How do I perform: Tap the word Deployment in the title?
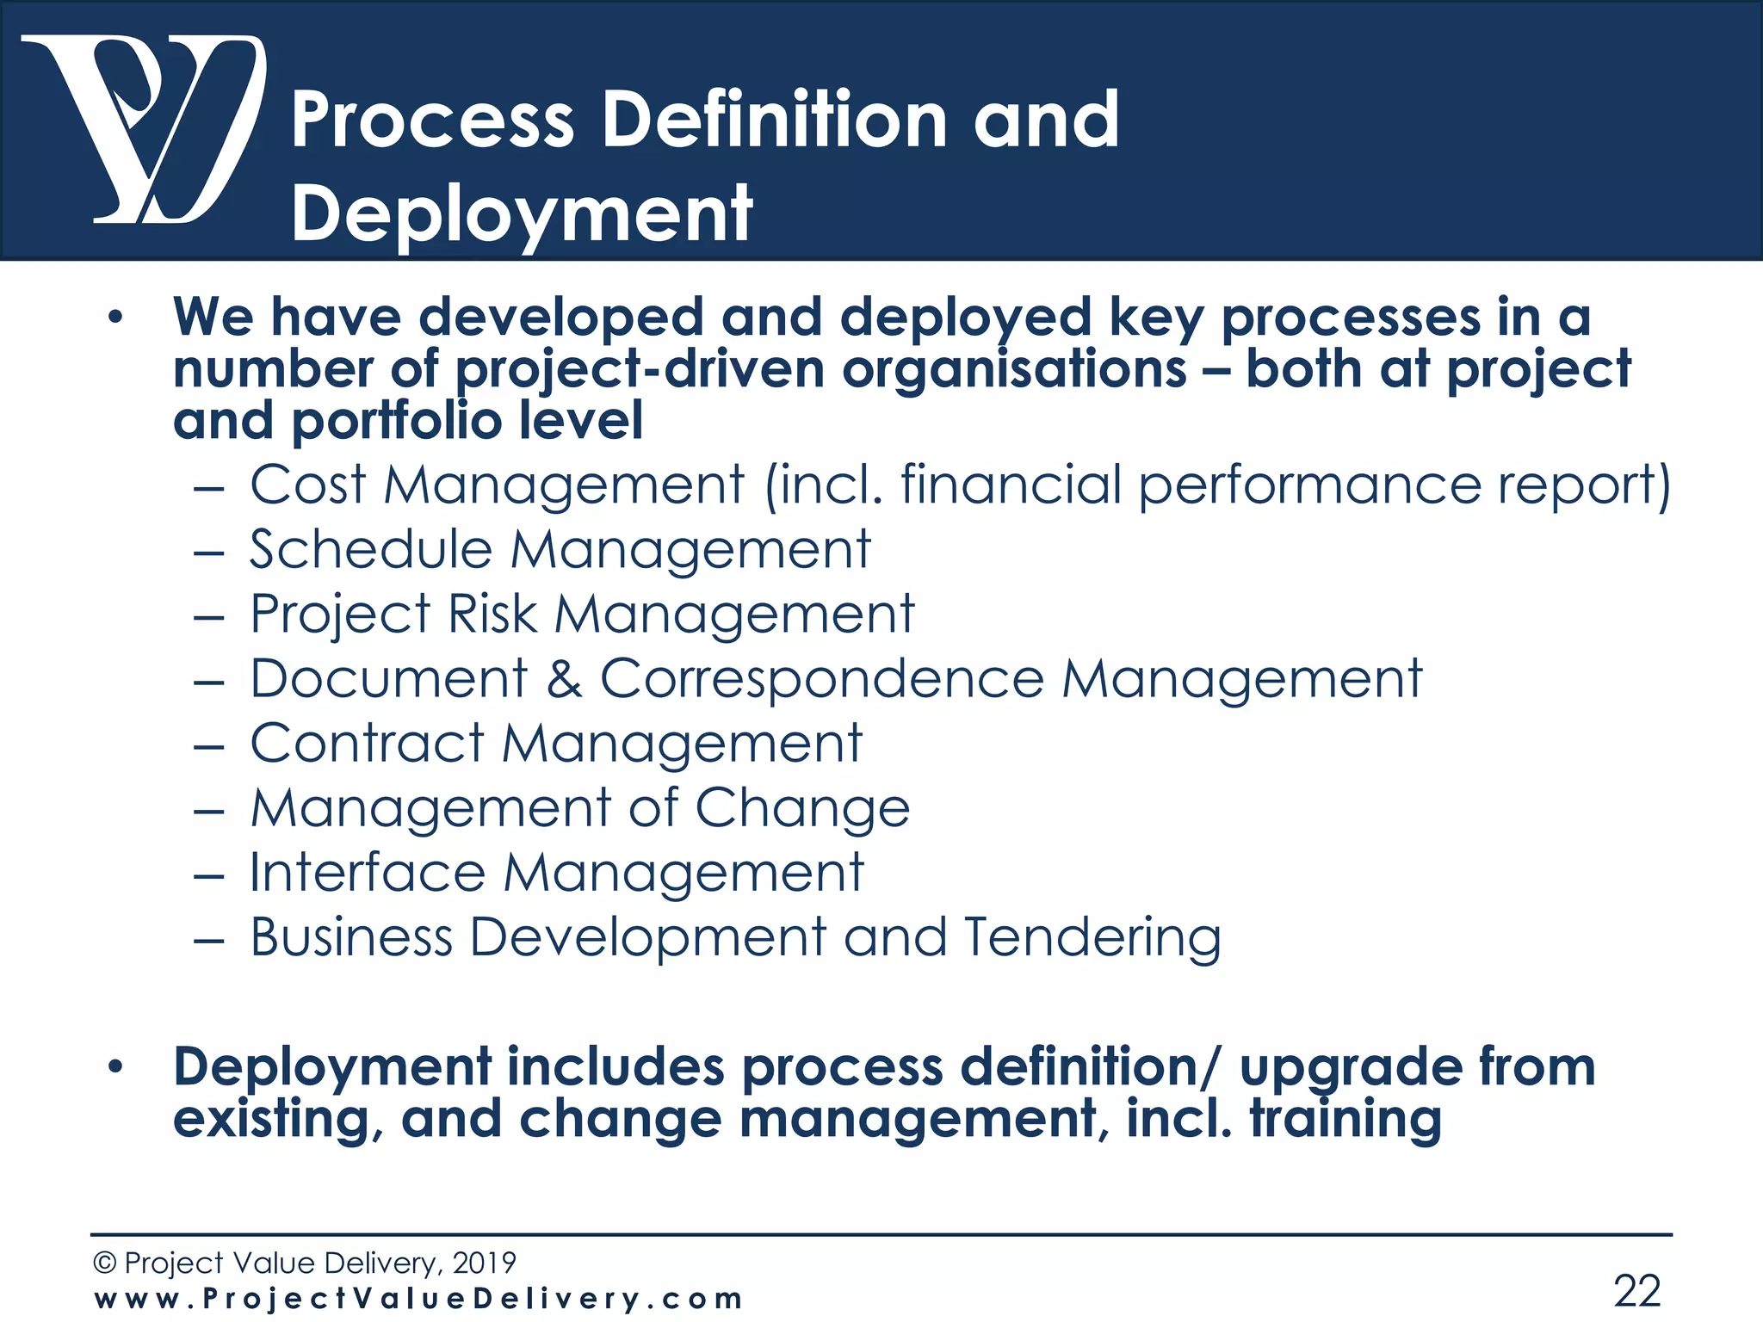[x=522, y=215]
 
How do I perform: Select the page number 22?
[x=1636, y=1290]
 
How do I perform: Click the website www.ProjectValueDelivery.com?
[x=418, y=1299]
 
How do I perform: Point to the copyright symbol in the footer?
[x=104, y=1263]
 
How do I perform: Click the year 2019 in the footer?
[x=484, y=1263]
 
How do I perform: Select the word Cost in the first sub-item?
[x=307, y=485]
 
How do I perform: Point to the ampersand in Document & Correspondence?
[x=564, y=679]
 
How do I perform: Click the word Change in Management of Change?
[x=801, y=809]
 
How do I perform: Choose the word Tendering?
[x=1092, y=938]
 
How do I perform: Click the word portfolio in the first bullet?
[x=397, y=421]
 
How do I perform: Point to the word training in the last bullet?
[x=1345, y=1118]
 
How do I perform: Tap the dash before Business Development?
[x=209, y=941]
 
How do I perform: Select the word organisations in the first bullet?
[x=1015, y=370]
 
